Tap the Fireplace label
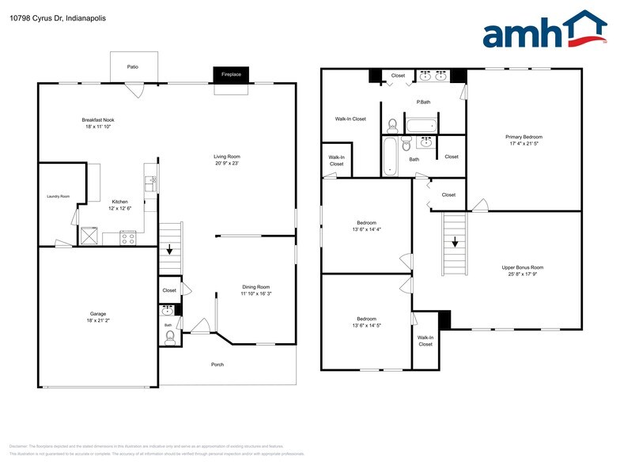pos(231,74)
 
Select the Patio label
pos(133,66)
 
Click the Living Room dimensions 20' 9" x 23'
pos(227,164)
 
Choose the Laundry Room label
pos(59,196)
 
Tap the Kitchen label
pos(119,202)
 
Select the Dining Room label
pos(256,286)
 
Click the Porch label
pos(217,365)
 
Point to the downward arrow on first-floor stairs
pos(168,249)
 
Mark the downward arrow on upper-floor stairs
pos(455,243)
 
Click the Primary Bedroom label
pos(524,137)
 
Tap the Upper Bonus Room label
pos(523,267)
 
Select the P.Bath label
pos(423,102)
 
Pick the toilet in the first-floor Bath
pos(169,338)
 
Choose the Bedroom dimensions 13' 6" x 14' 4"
pos(367,229)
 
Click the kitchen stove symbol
pos(128,236)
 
